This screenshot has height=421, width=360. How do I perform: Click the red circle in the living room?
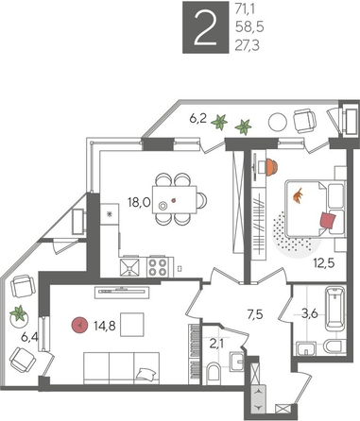tap(79, 326)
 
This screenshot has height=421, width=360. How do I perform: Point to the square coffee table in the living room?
tap(132, 325)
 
